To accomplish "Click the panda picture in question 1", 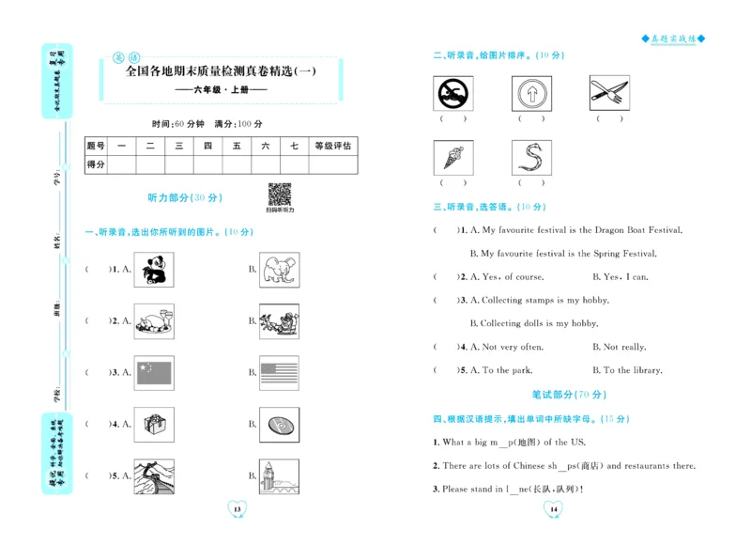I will click(153, 270).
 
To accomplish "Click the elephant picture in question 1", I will click(279, 270).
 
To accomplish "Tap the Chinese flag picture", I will click(153, 373).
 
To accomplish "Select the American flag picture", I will click(279, 373).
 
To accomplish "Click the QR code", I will click(280, 194).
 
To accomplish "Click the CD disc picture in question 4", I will click(279, 425).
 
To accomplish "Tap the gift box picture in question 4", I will click(153, 425).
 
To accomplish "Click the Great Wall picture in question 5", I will click(153, 476).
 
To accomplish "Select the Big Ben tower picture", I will click(279, 476).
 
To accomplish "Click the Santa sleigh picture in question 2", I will click(279, 321).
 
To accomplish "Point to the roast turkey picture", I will click(153, 321).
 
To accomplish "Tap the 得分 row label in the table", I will click(96, 165).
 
